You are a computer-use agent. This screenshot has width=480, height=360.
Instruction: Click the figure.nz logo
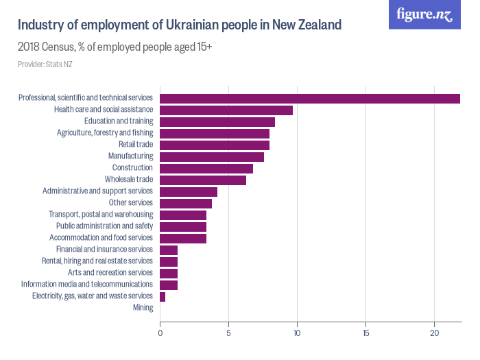[x=424, y=14]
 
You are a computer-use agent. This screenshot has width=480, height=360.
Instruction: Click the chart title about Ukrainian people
[x=179, y=25]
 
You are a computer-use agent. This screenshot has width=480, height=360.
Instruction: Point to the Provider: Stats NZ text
[x=45, y=64]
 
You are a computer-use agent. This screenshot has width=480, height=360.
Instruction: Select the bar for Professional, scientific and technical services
[x=309, y=98]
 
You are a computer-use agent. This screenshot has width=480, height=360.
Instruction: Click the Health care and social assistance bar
[x=226, y=110]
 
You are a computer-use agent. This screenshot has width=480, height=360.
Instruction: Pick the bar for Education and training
[x=217, y=121]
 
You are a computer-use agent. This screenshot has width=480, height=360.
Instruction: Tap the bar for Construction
[x=206, y=168]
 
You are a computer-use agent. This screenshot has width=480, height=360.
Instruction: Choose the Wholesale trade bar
[x=203, y=180]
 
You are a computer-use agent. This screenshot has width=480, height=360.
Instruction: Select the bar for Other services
[x=186, y=203]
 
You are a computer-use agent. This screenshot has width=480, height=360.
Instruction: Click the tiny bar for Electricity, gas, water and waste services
[x=163, y=296]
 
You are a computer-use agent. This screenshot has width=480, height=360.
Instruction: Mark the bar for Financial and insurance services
[x=169, y=250]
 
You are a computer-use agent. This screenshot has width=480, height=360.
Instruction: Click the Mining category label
[x=143, y=307]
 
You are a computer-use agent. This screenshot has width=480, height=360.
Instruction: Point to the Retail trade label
[x=135, y=145]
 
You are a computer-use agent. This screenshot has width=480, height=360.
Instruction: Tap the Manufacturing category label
[x=130, y=156]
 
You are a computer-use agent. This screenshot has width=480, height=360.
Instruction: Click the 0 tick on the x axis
[x=160, y=333]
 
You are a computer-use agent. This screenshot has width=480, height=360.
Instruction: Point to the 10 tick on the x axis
[x=297, y=333]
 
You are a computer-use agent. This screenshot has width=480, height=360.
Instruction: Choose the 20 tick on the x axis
[x=434, y=333]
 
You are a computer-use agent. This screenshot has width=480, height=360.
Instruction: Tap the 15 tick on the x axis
[x=365, y=333]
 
